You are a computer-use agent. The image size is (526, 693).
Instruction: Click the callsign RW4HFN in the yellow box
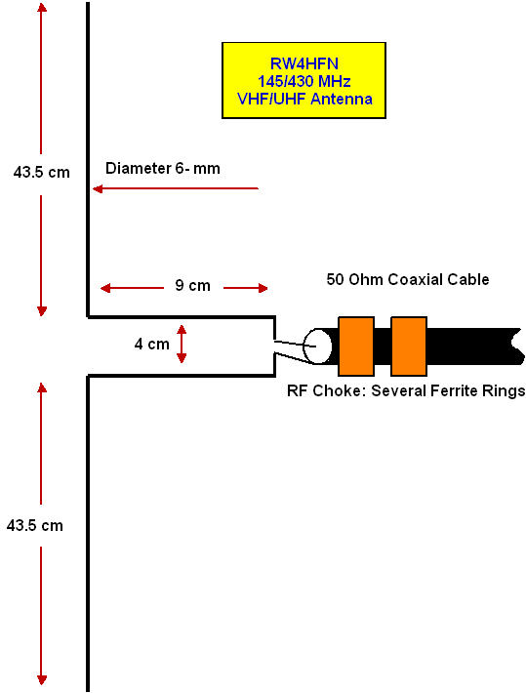tap(304, 63)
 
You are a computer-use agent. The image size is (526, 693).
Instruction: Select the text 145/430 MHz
tap(304, 81)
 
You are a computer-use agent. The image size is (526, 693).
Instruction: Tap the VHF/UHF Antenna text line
tap(304, 99)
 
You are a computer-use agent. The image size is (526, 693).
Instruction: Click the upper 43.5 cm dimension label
tap(42, 172)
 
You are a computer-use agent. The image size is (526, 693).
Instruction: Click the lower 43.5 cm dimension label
tap(35, 525)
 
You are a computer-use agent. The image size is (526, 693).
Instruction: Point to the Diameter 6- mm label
tap(163, 169)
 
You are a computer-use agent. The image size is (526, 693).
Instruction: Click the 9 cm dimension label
tap(192, 286)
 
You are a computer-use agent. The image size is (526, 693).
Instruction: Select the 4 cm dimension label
tap(151, 344)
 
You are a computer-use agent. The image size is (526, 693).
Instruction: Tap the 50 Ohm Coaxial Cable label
tap(408, 279)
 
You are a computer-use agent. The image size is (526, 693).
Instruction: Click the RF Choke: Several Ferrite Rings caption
tap(406, 390)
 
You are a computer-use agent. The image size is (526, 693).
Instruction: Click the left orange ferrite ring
tap(356, 346)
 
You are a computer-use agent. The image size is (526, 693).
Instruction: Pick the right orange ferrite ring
tap(409, 346)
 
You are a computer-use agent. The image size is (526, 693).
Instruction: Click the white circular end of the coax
tap(317, 346)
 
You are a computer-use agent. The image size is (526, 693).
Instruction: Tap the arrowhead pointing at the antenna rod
tap(98, 189)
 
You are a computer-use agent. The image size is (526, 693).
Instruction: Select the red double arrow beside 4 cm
tap(182, 344)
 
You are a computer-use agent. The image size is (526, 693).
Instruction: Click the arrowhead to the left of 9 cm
tap(105, 289)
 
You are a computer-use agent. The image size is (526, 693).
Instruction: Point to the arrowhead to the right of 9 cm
tap(263, 289)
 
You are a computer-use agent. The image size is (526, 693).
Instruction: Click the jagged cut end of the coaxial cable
tap(516, 346)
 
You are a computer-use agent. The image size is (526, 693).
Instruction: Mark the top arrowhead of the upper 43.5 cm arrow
tap(42, 9)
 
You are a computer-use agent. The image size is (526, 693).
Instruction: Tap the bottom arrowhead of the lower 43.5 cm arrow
tap(42, 679)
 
